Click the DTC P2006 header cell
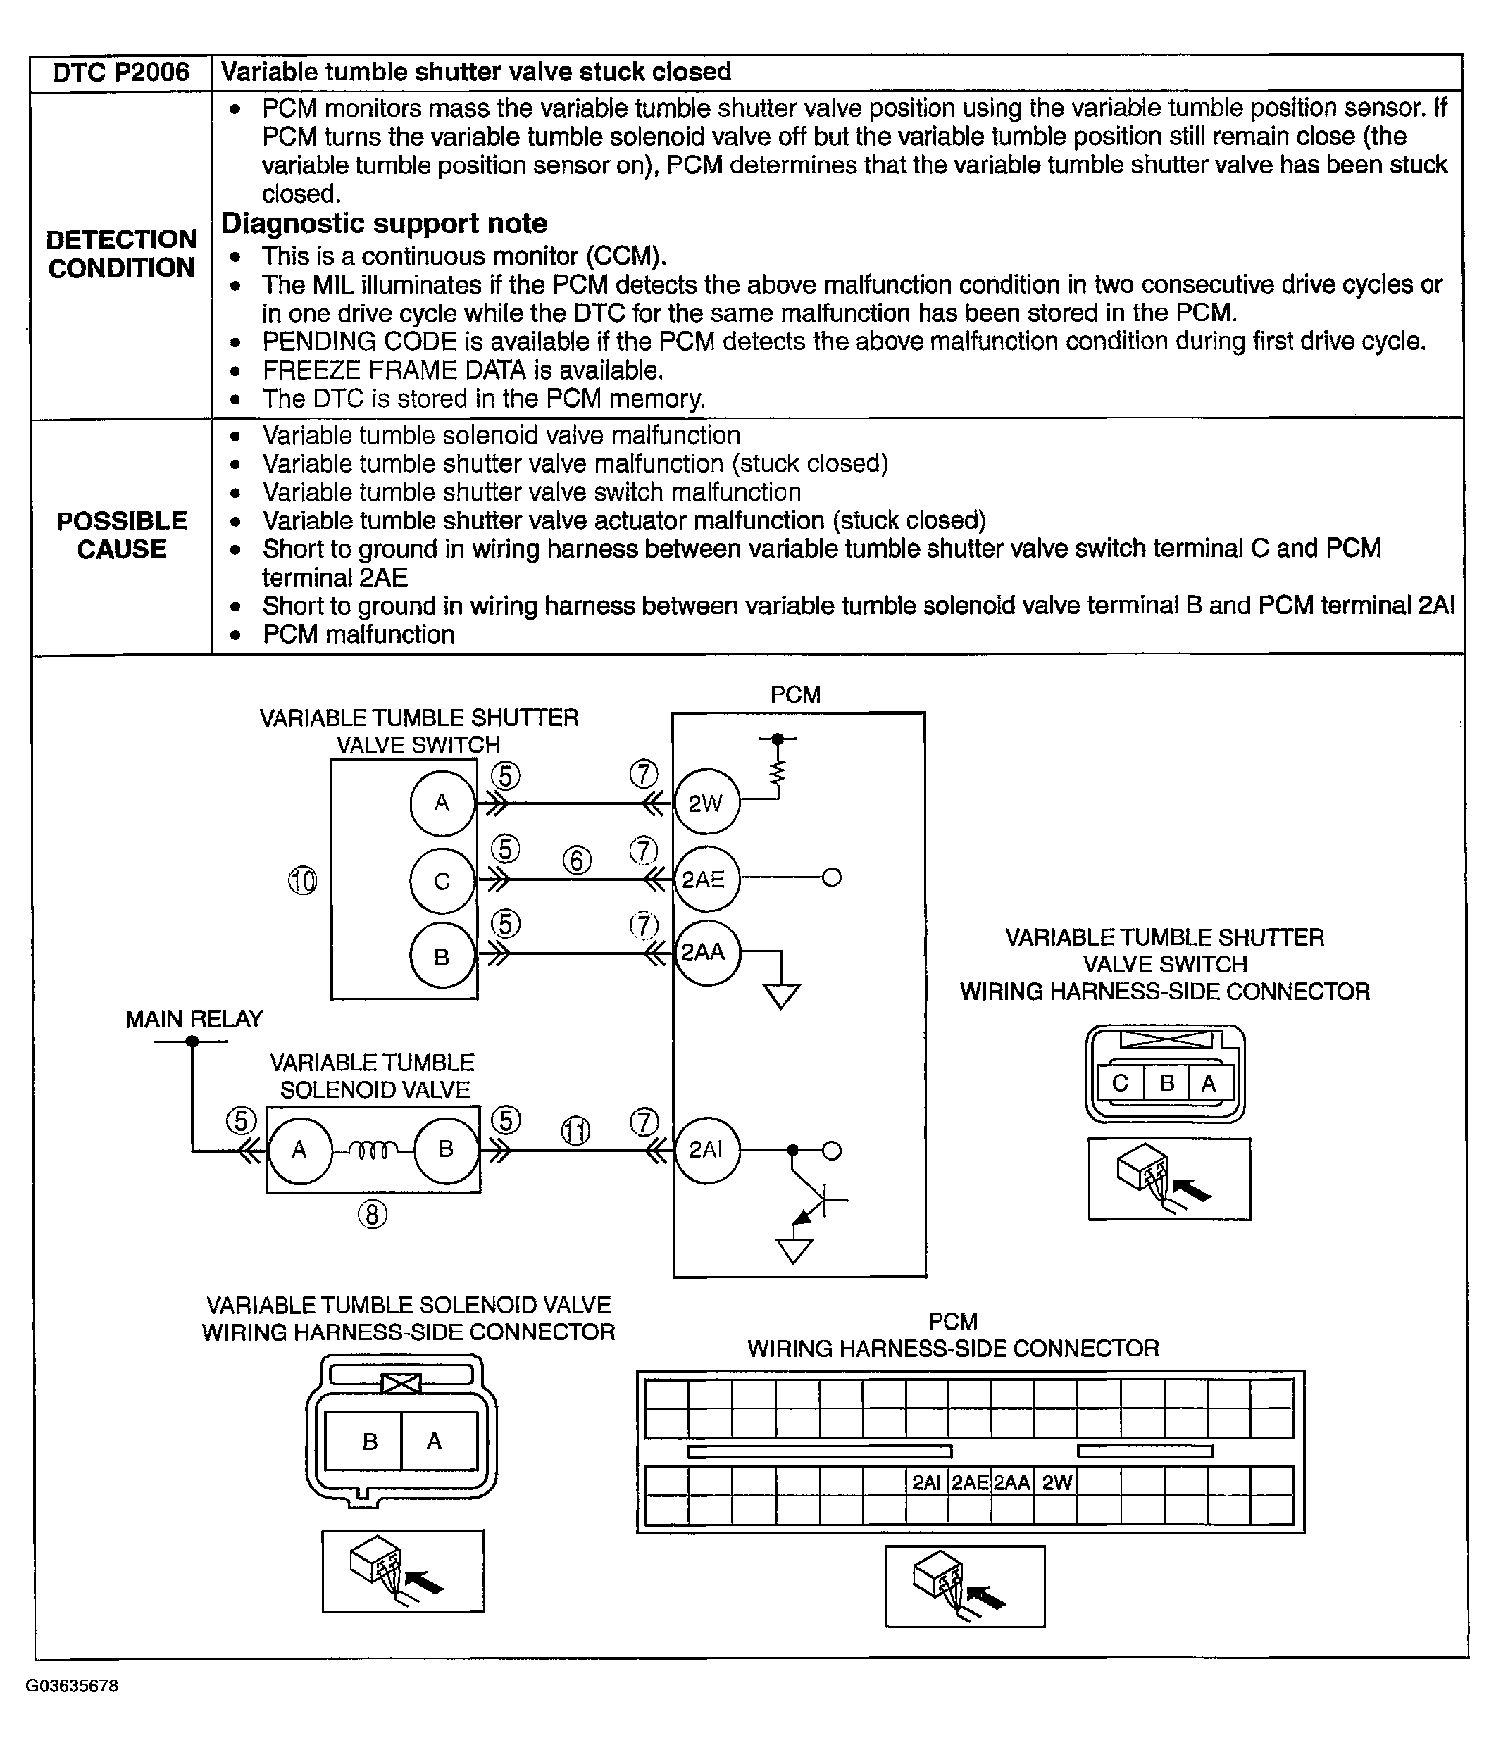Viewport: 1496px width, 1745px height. [x=120, y=73]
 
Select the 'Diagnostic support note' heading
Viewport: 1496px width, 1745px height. [x=384, y=223]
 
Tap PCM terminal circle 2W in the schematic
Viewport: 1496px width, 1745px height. [x=706, y=803]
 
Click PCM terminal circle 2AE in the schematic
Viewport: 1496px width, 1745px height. [x=704, y=880]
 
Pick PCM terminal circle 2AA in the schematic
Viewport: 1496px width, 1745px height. [x=704, y=953]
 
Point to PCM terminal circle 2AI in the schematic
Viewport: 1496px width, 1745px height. [x=706, y=1149]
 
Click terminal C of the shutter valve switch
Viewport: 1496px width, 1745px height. [x=442, y=881]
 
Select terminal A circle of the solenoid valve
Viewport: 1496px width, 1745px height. [x=299, y=1149]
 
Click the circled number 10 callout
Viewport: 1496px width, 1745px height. [x=302, y=881]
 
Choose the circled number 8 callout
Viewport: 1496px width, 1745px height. [x=373, y=1215]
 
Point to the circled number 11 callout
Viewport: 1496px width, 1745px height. [x=576, y=1131]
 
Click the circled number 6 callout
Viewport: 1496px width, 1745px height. [x=577, y=860]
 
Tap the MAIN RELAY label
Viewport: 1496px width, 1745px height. [x=194, y=1019]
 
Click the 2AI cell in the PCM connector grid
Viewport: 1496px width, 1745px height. [x=925, y=1482]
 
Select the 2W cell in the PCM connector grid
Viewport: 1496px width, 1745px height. [x=1056, y=1482]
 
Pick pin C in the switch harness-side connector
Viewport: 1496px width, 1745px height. [x=1121, y=1083]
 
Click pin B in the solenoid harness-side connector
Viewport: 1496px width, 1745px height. [x=370, y=1441]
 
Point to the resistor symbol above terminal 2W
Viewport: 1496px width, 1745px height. [x=778, y=773]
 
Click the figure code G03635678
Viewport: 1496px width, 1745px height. [x=72, y=1685]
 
